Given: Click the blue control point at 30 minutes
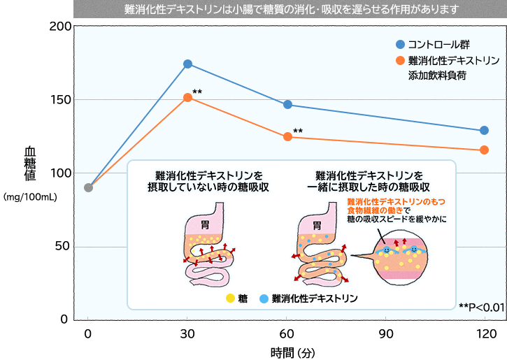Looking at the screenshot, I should click(x=187, y=64).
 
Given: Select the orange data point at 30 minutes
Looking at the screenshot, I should click(x=187, y=98).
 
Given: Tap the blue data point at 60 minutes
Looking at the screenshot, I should click(x=287, y=105).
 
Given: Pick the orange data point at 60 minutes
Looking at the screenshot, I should click(x=287, y=137).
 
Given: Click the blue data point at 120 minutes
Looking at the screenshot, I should click(x=484, y=131).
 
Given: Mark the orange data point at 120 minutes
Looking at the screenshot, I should click(x=484, y=150).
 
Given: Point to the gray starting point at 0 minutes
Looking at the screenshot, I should click(x=88, y=187).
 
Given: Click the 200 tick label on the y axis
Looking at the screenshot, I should click(x=62, y=26).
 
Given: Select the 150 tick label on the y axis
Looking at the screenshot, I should click(x=62, y=99).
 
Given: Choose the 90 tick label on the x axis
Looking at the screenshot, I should click(x=386, y=333).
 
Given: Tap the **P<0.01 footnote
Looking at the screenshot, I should click(x=480, y=306).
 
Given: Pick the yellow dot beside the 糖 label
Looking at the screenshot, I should click(x=230, y=298).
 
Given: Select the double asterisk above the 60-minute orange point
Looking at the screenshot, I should click(x=298, y=131).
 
